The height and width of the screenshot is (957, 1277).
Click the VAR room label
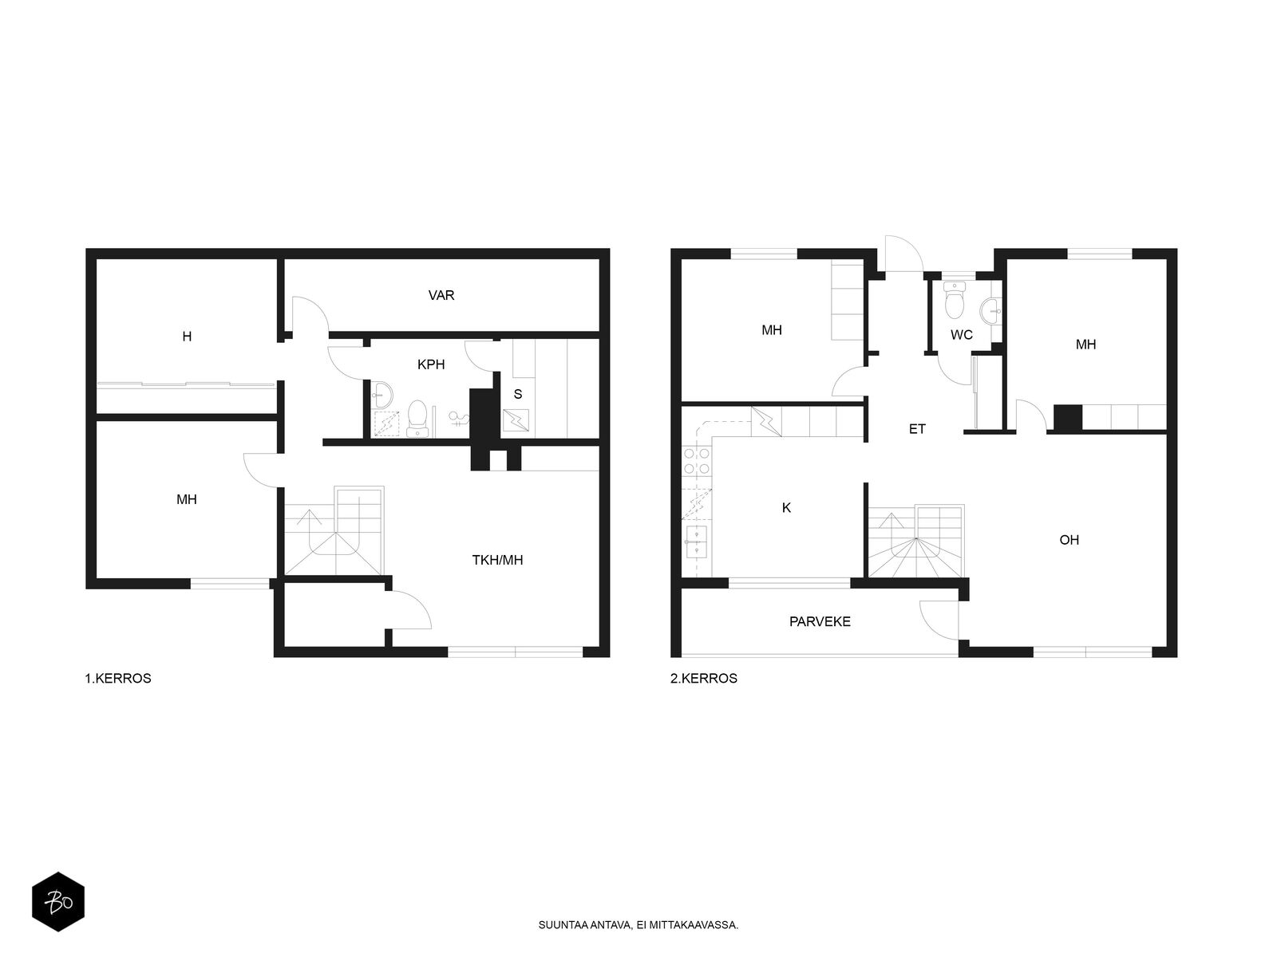click(441, 295)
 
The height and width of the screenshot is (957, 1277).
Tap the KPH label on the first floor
click(431, 364)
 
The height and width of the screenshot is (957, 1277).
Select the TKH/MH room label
click(497, 560)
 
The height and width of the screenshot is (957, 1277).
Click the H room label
click(187, 337)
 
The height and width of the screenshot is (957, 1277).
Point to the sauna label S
click(518, 394)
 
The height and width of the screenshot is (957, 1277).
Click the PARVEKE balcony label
click(820, 622)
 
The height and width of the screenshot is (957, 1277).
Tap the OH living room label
click(1069, 540)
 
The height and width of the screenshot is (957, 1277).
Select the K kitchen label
click(787, 508)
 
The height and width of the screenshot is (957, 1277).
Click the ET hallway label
click(917, 429)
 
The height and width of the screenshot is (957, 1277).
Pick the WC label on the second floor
click(962, 335)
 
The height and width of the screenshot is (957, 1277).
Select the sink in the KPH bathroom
click(382, 395)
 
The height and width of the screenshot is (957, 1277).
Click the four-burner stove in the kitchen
click(697, 461)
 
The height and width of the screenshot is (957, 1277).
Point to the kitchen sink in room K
click(696, 541)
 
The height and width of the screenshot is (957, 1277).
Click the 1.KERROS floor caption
click(118, 678)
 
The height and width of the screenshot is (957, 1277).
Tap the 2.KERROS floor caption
click(704, 678)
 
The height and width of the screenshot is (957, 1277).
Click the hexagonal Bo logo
click(58, 902)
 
